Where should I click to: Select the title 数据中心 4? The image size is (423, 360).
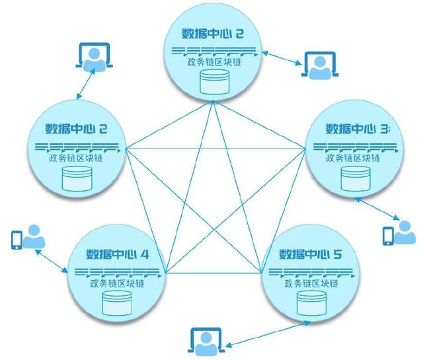click(x=118, y=255)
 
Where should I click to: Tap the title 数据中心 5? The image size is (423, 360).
click(x=310, y=255)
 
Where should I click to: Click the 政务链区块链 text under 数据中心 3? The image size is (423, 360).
click(x=355, y=159)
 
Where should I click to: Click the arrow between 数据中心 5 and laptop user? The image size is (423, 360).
click(x=268, y=334)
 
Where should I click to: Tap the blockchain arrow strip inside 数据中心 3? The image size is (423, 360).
click(x=355, y=147)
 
